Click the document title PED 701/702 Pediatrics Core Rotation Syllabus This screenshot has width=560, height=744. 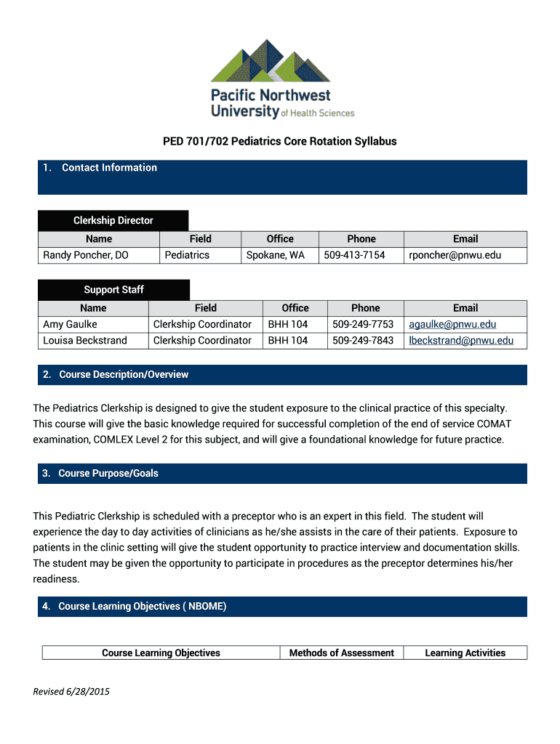[279, 141]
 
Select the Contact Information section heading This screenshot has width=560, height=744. [109, 168]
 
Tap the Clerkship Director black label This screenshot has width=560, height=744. [113, 220]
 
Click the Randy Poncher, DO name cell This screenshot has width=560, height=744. [86, 255]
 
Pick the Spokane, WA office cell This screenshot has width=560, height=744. [276, 255]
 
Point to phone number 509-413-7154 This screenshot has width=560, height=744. [354, 255]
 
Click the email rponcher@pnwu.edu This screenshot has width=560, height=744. [455, 255]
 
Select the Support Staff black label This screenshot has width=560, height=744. [113, 289]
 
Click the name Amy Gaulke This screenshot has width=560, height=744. [70, 324]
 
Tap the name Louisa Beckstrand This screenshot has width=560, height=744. [85, 340]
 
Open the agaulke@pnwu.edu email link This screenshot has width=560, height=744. [452, 324]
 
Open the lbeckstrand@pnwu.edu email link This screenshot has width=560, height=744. [461, 340]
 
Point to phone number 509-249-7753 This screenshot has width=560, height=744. [363, 324]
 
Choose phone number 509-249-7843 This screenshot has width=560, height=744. [363, 340]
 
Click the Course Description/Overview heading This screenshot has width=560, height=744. [124, 375]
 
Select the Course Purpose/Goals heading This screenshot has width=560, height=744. [108, 474]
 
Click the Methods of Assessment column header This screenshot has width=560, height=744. [342, 653]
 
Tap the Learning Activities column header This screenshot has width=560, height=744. [465, 653]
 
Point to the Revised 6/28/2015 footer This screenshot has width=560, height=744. [71, 692]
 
